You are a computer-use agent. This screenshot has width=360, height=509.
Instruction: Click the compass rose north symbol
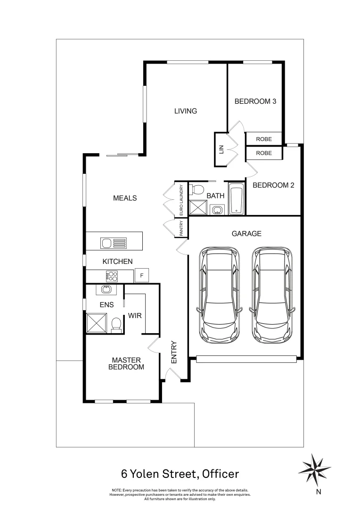pyautogui.click(x=315, y=471)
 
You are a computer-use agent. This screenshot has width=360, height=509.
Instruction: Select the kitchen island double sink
pyautogui.click(x=114, y=243)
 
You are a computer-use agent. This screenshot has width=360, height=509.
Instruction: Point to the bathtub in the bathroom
pyautogui.click(x=236, y=199)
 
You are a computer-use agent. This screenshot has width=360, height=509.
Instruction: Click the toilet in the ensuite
pyautogui.click(x=116, y=324)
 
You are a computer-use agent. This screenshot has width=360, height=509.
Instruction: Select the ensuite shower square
pyautogui.click(x=97, y=323)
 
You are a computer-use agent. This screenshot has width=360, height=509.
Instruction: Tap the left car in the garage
pyautogui.click(x=220, y=296)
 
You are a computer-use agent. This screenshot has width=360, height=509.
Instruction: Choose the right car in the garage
pyautogui.click(x=272, y=296)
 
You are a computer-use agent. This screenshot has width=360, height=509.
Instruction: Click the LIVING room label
pyautogui.click(x=185, y=111)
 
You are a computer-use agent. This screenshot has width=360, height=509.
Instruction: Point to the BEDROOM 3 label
pyautogui.click(x=255, y=101)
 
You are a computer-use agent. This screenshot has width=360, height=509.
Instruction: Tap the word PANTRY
pyautogui.click(x=181, y=227)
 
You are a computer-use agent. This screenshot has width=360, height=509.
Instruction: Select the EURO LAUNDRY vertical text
pyautogui.click(x=181, y=200)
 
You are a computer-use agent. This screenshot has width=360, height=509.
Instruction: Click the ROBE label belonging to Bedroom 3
pyautogui.click(x=263, y=139)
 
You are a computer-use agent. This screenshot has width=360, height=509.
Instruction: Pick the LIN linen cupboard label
pyautogui.click(x=221, y=149)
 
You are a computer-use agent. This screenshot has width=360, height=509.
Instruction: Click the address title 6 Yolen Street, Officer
pyautogui.click(x=180, y=474)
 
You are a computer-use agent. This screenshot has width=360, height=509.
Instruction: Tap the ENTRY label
pyautogui.click(x=173, y=352)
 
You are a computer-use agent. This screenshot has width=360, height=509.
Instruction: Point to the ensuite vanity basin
pyautogui.click(x=106, y=289)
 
